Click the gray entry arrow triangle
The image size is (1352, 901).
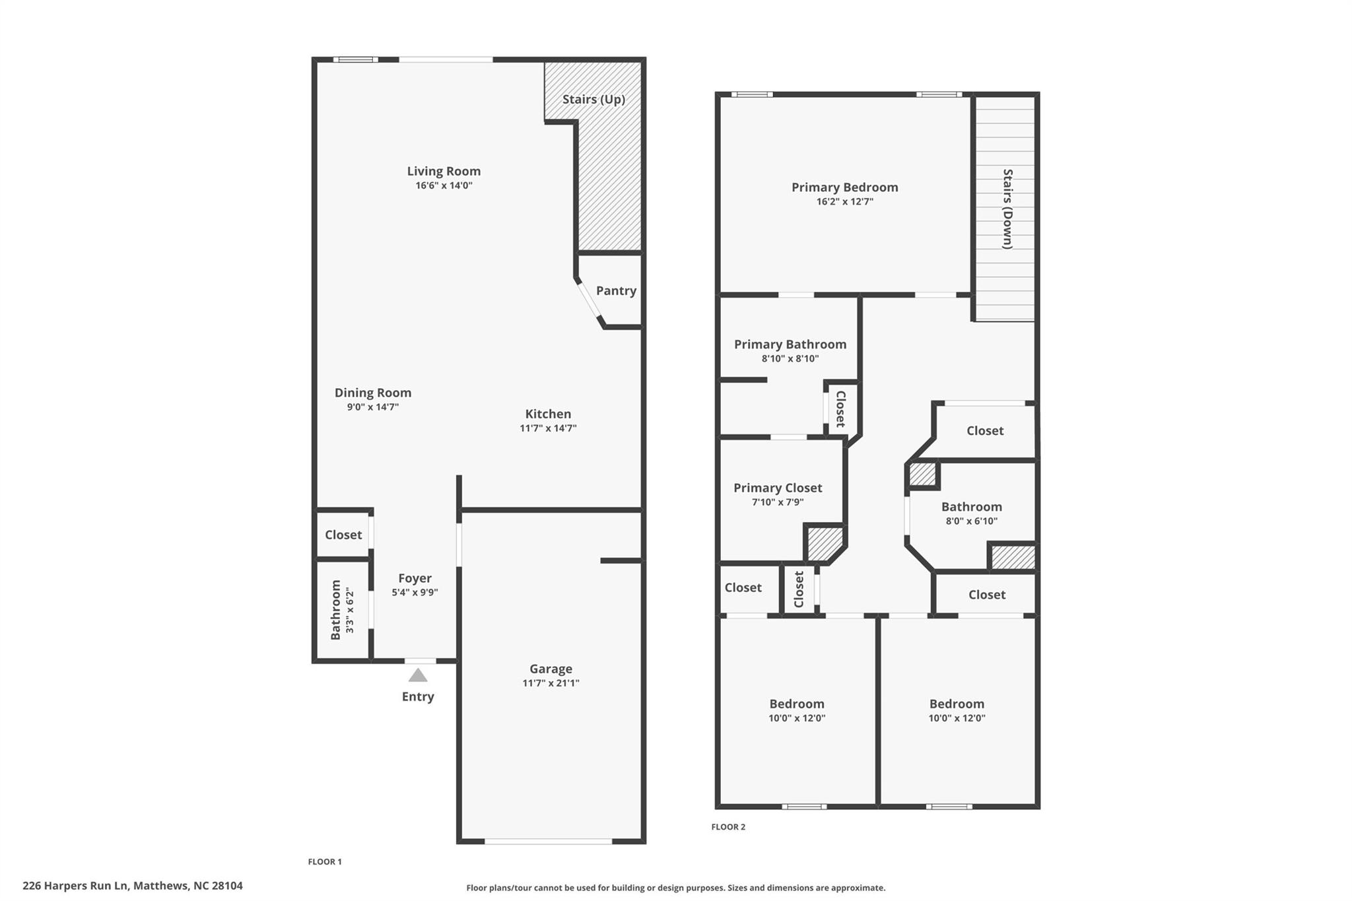click(418, 675)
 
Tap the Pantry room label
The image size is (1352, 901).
click(616, 290)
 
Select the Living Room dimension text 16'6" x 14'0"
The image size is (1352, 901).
click(444, 185)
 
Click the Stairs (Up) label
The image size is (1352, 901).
click(593, 99)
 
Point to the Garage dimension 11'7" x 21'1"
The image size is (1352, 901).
click(551, 683)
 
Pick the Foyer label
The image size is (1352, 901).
click(415, 578)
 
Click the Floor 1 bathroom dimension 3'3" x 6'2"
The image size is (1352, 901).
click(349, 611)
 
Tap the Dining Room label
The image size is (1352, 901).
click(373, 393)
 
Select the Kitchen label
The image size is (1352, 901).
click(548, 414)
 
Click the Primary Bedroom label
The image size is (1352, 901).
click(845, 187)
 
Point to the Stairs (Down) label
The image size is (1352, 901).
click(1007, 209)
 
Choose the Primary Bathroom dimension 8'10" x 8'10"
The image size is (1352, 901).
click(790, 359)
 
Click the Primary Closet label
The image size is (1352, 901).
click(778, 488)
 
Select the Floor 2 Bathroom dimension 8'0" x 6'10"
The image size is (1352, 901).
click(972, 521)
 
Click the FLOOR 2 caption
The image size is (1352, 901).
click(728, 827)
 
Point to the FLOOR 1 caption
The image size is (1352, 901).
click(325, 861)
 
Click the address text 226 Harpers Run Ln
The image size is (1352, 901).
click(75, 886)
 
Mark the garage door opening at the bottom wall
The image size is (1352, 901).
click(549, 841)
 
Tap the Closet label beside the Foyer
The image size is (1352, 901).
click(343, 535)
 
